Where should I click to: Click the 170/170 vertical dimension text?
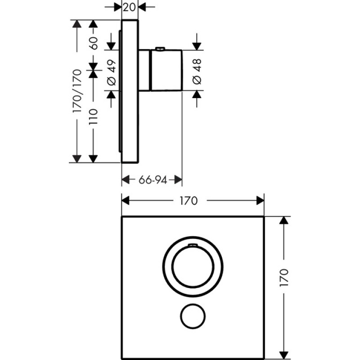point(77,91)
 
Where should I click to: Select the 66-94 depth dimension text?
point(153,180)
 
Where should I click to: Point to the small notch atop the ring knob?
point(192,245)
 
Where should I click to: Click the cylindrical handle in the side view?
point(165,70)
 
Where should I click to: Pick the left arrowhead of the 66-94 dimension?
point(126,180)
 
